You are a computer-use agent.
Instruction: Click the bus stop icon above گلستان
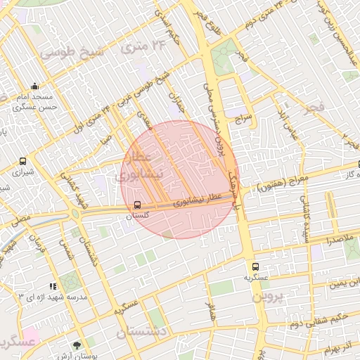tap(137, 205)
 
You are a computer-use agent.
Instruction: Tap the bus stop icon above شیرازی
tap(23, 160)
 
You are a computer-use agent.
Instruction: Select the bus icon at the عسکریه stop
tap(255, 266)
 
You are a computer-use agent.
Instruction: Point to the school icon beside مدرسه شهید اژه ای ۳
tap(54, 286)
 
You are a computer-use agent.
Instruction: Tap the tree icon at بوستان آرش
tap(77, 345)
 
